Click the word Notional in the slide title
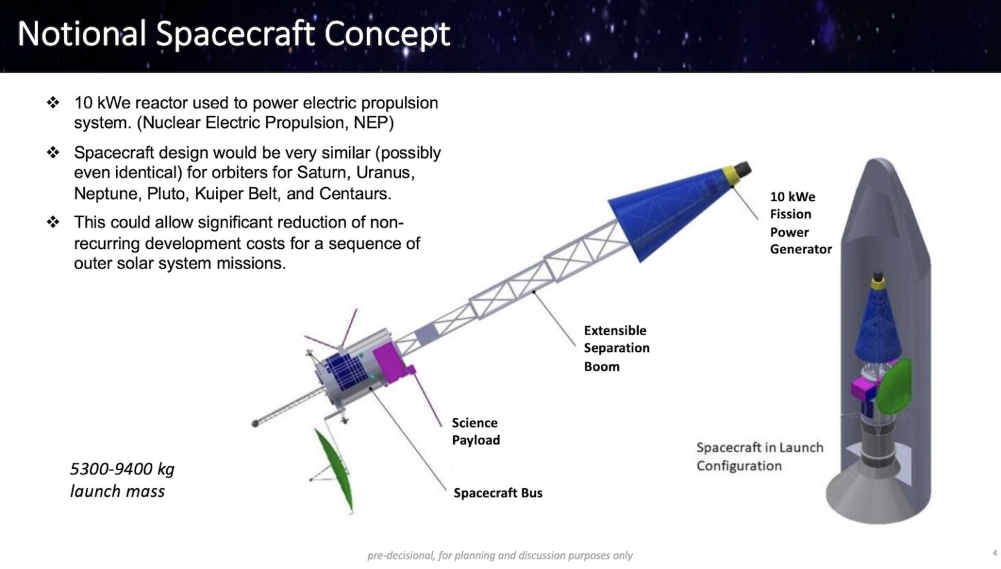pyautogui.click(x=82, y=33)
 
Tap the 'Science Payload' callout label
pyautogui.click(x=476, y=431)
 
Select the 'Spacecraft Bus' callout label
pyautogui.click(x=498, y=492)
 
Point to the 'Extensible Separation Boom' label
pyautogui.click(x=617, y=348)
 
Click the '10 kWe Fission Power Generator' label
pyautogui.click(x=800, y=223)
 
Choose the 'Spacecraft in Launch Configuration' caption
pyautogui.click(x=760, y=456)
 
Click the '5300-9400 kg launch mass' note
pyautogui.click(x=122, y=480)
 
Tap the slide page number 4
pyautogui.click(x=995, y=553)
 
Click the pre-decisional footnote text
pyautogui.click(x=500, y=555)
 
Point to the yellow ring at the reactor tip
pyautogui.click(x=731, y=175)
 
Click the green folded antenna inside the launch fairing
pyautogui.click(x=893, y=386)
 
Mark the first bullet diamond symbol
pyautogui.click(x=53, y=102)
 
